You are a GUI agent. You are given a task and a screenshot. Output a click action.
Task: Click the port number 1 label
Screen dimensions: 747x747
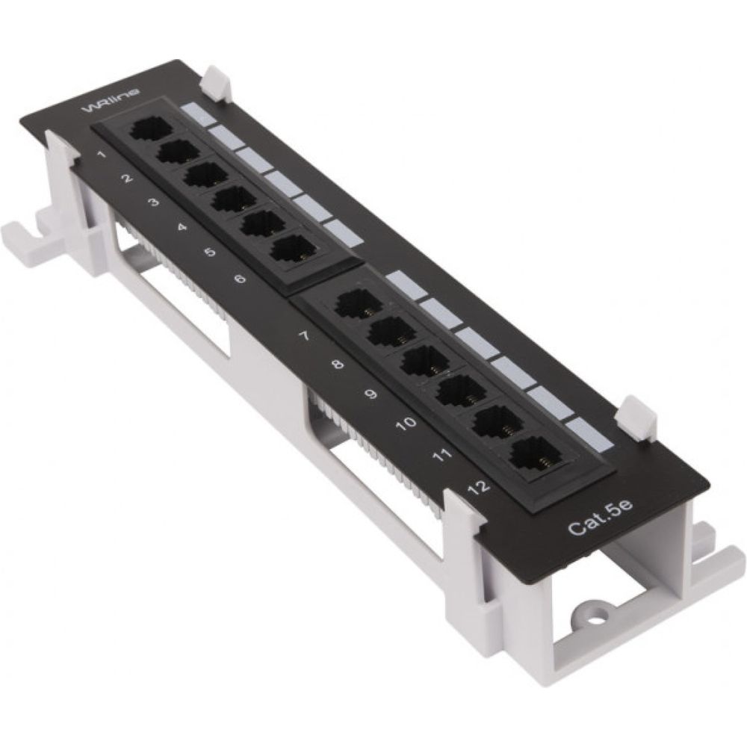[x=101, y=155]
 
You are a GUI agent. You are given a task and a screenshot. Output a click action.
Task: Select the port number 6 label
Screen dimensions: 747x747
[x=240, y=278]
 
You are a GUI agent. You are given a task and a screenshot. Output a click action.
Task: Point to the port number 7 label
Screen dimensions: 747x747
[x=304, y=336]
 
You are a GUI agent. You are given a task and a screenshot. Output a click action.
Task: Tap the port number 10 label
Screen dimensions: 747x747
[x=406, y=423]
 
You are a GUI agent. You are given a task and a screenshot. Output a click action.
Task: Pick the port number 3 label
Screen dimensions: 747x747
[x=153, y=202]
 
